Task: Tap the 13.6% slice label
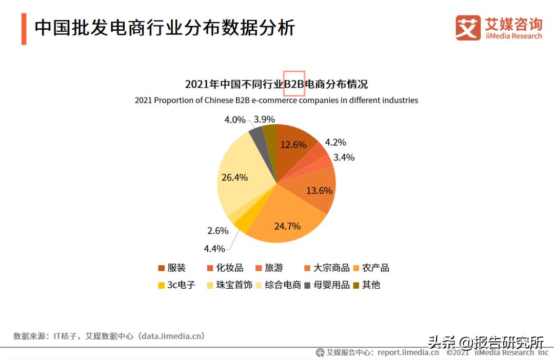(x=319, y=190)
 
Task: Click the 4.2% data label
(x=335, y=143)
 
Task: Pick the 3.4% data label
(x=344, y=157)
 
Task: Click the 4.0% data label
(x=235, y=120)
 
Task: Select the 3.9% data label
(x=264, y=119)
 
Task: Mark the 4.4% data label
(x=214, y=249)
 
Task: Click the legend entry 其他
(x=370, y=285)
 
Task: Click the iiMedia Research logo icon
(x=468, y=28)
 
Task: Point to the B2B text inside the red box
(x=294, y=84)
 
